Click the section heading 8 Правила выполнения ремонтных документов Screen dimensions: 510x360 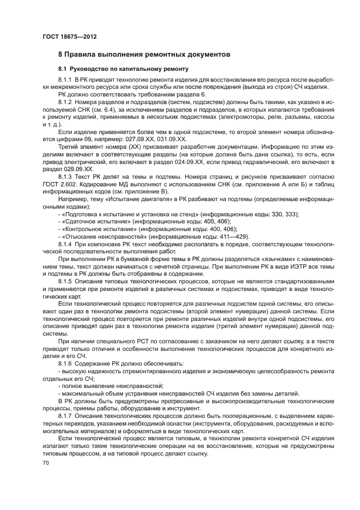tap(144, 55)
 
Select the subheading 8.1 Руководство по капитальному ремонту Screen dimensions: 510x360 tap(124, 69)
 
